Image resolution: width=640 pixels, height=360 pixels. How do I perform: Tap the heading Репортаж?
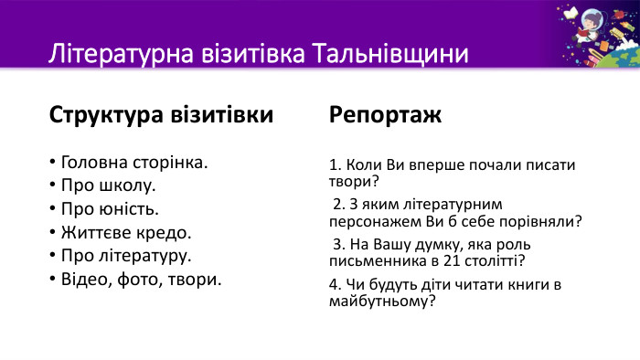pyautogui.click(x=385, y=116)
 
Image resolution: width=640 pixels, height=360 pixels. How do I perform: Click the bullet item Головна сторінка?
pyautogui.click(x=133, y=164)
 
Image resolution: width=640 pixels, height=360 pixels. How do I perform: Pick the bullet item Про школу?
pyautogui.click(x=108, y=186)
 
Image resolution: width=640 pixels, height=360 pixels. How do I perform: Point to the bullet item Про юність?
pyautogui.click(x=110, y=209)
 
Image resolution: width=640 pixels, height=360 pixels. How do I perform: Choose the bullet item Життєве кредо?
pyautogui.click(x=125, y=232)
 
